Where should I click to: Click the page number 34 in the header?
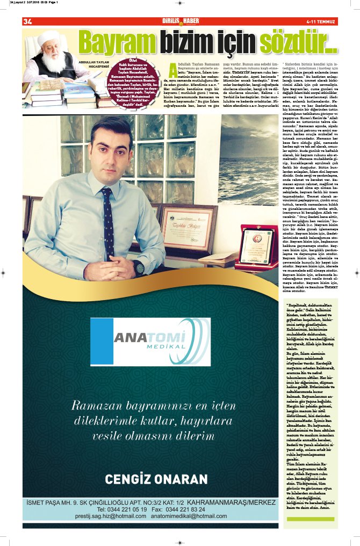pyautogui.click(x=27, y=21)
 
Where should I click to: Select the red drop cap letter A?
pyautogui.click(x=172, y=68)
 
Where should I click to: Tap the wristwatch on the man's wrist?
pyautogui.click(x=139, y=267)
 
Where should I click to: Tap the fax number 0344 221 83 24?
pyautogui.click(x=185, y=509)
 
